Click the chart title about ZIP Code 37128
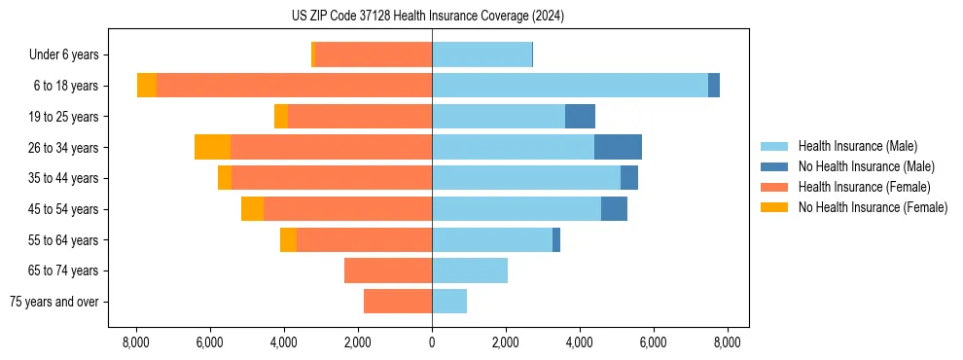pyautogui.click(x=427, y=17)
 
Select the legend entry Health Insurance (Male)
pyautogui.click(x=857, y=146)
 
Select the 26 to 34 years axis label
pyautogui.click(x=64, y=148)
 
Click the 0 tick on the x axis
pyautogui.click(x=432, y=342)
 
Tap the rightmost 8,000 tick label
pyautogui.click(x=728, y=342)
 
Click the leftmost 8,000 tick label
pyautogui.click(x=135, y=342)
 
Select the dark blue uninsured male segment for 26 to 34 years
pyautogui.click(x=618, y=147)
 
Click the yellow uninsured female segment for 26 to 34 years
pyautogui.click(x=212, y=147)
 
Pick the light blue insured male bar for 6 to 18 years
pyautogui.click(x=569, y=86)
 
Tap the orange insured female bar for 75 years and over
pyautogui.click(x=398, y=302)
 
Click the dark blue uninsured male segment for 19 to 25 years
pyautogui.click(x=580, y=117)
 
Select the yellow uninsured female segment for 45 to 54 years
pyautogui.click(x=252, y=209)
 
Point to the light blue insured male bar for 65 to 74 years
pyautogui.click(x=470, y=270)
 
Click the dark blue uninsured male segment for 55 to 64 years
pyautogui.click(x=556, y=239)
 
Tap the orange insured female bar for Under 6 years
pyautogui.click(x=374, y=55)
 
